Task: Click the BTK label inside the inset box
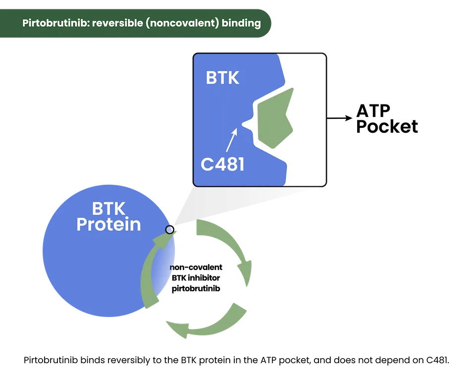[x=222, y=78]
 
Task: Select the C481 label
[x=222, y=164]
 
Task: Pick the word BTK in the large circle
[x=108, y=209]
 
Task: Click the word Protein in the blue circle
[x=108, y=225]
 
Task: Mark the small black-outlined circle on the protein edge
[x=170, y=229]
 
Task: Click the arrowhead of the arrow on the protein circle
[x=163, y=240]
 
